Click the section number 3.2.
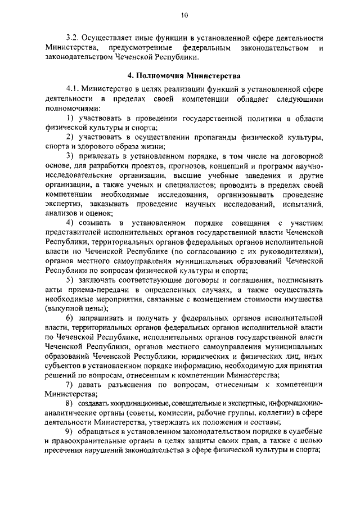(71, 39)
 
